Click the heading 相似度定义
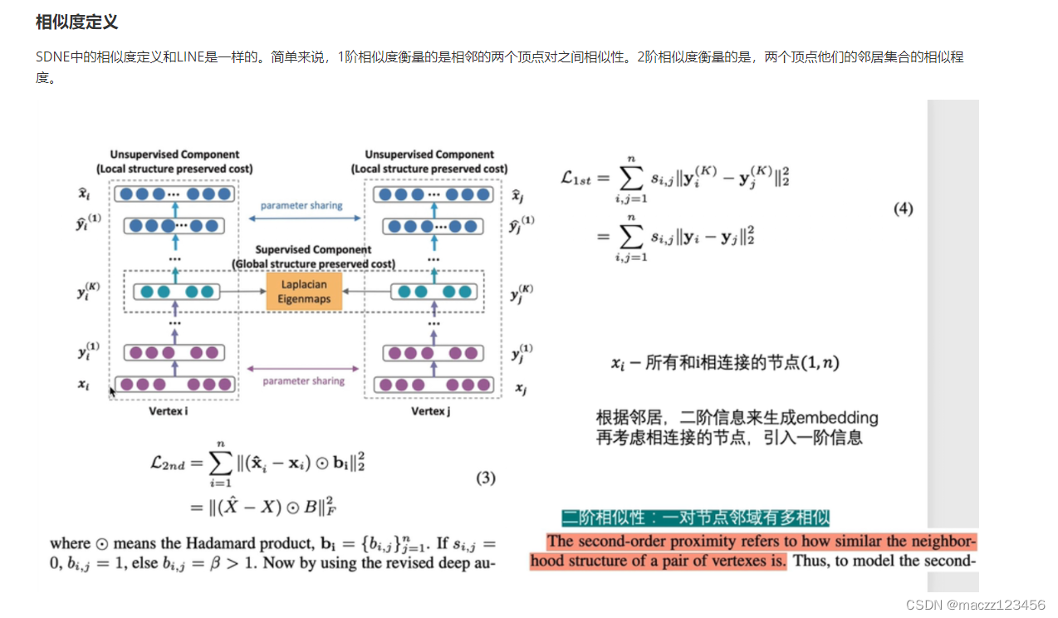(x=76, y=22)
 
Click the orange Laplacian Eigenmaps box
(x=304, y=292)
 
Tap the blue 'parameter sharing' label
(x=301, y=205)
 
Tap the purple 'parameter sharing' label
(x=304, y=381)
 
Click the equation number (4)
(x=903, y=209)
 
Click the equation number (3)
(x=486, y=478)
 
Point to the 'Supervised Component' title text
(x=313, y=249)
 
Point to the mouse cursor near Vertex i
(x=112, y=391)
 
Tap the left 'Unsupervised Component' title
(x=174, y=154)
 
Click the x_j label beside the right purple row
(x=520, y=389)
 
